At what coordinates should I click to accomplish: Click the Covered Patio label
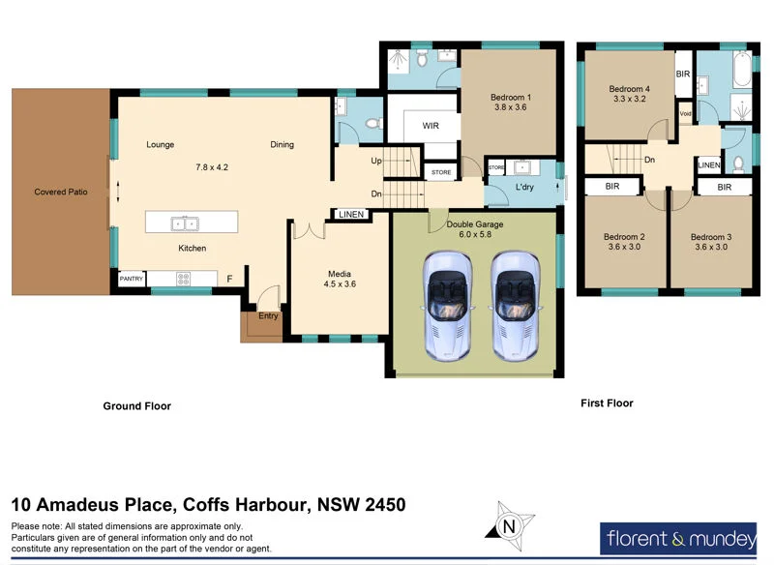(61, 192)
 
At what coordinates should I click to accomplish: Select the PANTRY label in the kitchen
(131, 279)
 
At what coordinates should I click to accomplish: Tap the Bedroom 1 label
(510, 98)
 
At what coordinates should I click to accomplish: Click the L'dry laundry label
(525, 186)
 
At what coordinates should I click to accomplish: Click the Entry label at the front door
(268, 315)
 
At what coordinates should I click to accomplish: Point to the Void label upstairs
(685, 113)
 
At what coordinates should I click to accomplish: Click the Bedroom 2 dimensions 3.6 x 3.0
(623, 247)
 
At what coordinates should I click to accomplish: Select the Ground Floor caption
(137, 406)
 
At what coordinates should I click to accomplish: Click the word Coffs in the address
(206, 504)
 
